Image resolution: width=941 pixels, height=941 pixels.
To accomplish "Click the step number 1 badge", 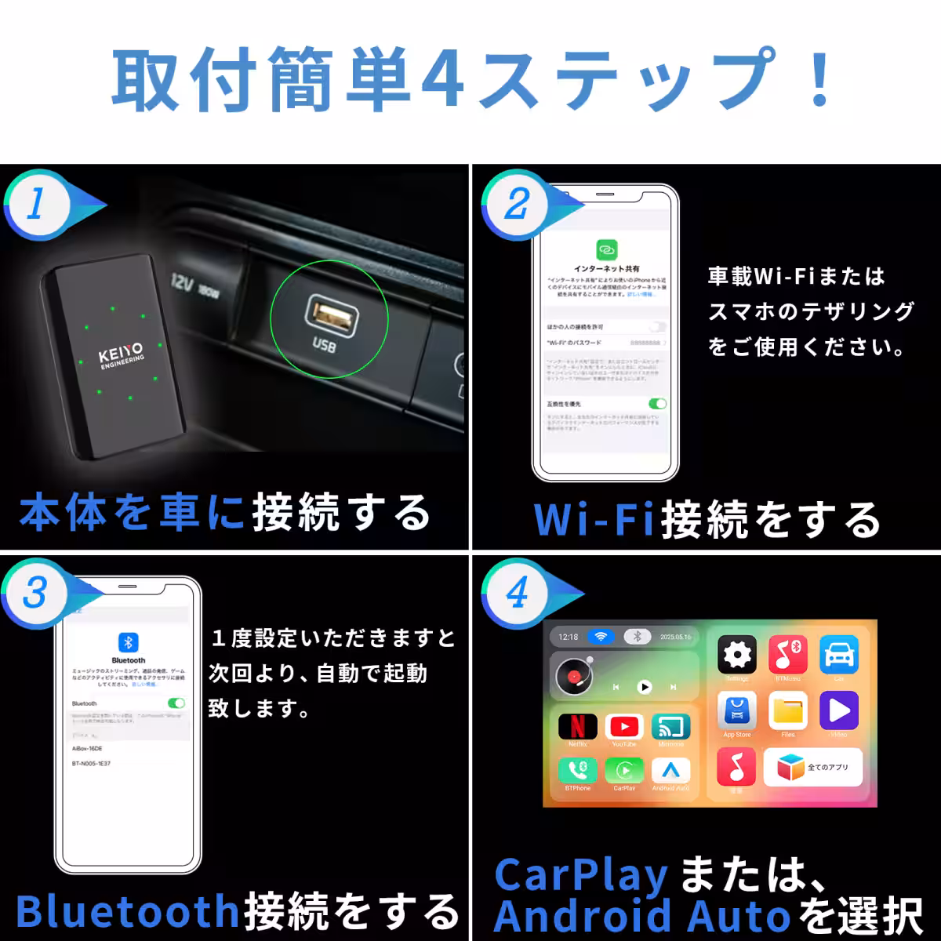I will point(36,205).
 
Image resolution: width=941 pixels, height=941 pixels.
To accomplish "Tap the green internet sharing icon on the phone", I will point(606,249).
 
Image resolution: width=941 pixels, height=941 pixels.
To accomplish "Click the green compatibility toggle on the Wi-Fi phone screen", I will point(657,403).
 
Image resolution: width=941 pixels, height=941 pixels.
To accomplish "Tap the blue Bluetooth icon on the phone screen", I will point(128,643).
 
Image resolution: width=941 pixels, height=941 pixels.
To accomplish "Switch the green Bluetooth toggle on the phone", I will point(176,703).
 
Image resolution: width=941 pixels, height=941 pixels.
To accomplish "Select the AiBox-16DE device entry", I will point(89,748).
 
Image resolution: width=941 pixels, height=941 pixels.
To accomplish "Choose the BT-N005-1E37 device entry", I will point(92,763).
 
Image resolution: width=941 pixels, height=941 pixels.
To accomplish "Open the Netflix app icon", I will point(577,726).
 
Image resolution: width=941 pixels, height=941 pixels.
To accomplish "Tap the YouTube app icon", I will point(624,726).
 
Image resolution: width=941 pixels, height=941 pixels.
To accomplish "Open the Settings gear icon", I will point(737,655).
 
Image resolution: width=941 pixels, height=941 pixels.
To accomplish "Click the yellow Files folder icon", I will point(788,710).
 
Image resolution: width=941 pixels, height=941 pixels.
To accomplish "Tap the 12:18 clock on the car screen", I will point(569,637).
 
